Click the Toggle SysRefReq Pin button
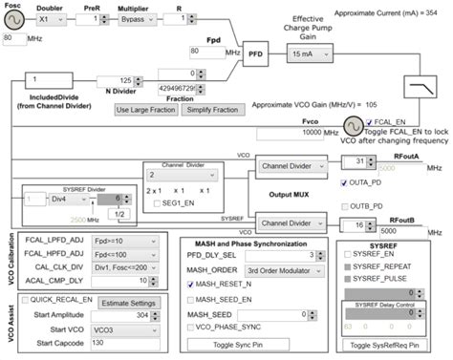(x=384, y=345)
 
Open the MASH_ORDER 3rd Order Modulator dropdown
(x=277, y=269)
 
